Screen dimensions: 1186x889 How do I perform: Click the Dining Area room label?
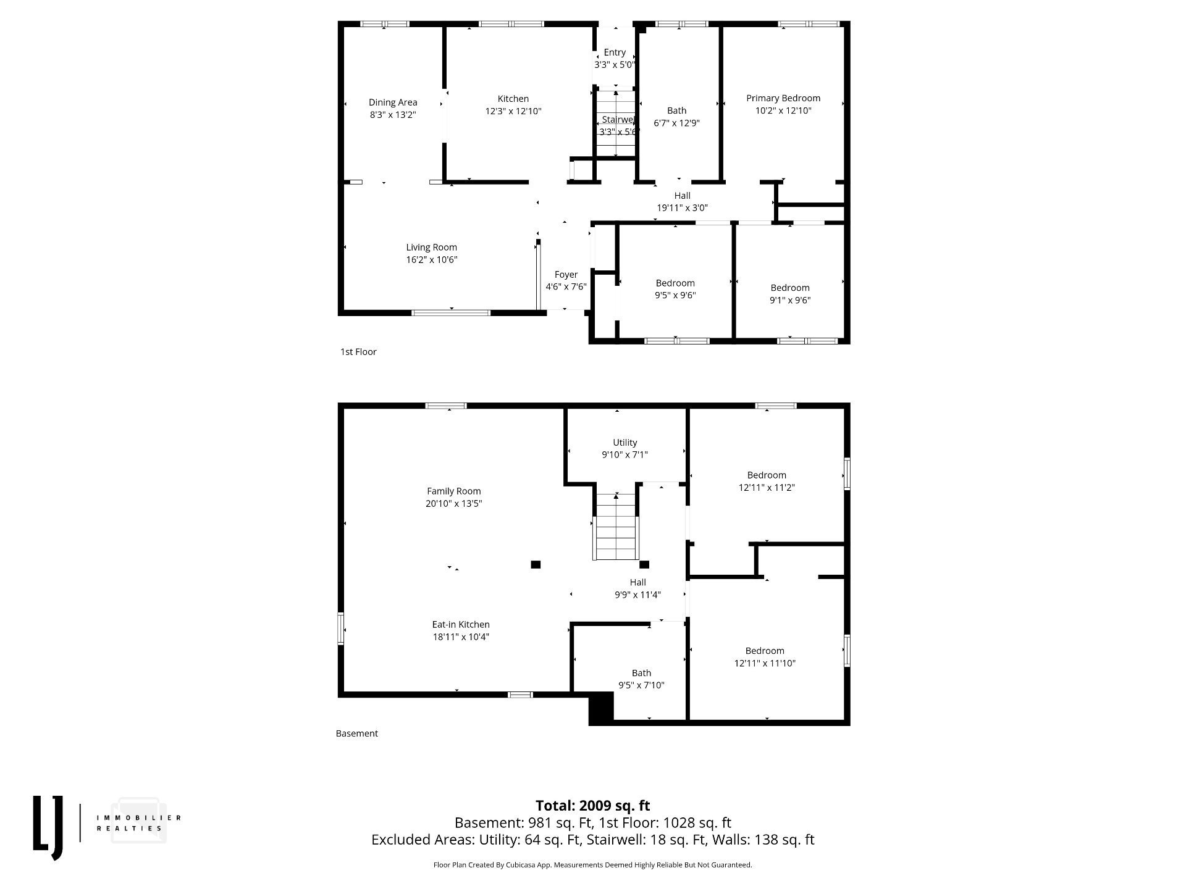pyautogui.click(x=393, y=102)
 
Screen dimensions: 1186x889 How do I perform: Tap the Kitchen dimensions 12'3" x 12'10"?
pyautogui.click(x=513, y=111)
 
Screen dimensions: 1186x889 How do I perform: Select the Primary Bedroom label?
pyautogui.click(x=783, y=98)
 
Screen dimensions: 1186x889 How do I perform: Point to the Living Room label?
pyautogui.click(x=432, y=248)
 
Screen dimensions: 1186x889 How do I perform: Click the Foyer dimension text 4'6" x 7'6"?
pyautogui.click(x=566, y=286)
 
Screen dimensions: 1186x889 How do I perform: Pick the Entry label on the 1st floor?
pyautogui.click(x=615, y=52)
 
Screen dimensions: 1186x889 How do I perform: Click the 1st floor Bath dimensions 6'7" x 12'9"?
pyautogui.click(x=677, y=123)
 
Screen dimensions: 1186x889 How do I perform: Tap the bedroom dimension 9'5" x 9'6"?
pyautogui.click(x=675, y=295)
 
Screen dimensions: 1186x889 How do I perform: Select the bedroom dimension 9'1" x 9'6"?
pyautogui.click(x=790, y=300)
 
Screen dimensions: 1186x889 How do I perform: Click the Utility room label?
pyautogui.click(x=625, y=443)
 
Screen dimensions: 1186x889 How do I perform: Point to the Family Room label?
pyautogui.click(x=454, y=491)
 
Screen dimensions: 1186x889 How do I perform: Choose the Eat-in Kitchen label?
pyautogui.click(x=461, y=625)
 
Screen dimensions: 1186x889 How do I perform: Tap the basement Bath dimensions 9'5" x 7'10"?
pyautogui.click(x=641, y=685)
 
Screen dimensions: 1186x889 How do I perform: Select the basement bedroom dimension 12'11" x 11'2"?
pyautogui.click(x=767, y=487)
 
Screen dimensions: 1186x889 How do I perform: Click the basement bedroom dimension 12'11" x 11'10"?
pyautogui.click(x=765, y=663)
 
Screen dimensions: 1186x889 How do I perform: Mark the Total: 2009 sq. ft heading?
pyautogui.click(x=593, y=806)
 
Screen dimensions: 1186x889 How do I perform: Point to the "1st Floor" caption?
pyautogui.click(x=358, y=352)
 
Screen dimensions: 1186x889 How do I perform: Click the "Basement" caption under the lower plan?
pyautogui.click(x=357, y=733)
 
